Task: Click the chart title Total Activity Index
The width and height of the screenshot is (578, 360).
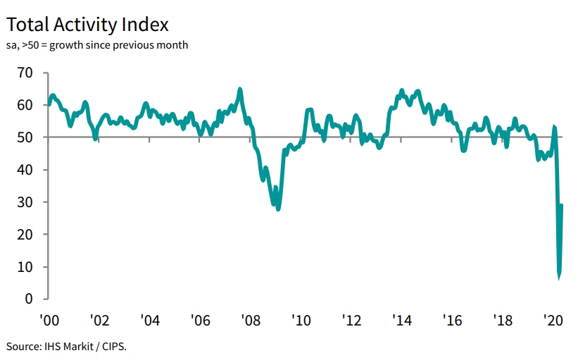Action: (88, 25)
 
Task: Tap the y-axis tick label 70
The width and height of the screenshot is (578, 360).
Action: (25, 73)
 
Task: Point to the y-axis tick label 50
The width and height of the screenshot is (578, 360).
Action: (25, 137)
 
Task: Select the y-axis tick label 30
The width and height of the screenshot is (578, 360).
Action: (25, 202)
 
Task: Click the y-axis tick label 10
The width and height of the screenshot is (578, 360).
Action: (25, 267)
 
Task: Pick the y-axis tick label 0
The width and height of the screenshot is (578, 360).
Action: (29, 299)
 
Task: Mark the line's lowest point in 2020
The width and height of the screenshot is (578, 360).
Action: (559, 276)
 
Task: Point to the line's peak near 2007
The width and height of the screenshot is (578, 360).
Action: (240, 89)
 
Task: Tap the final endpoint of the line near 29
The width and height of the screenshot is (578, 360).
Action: (562, 205)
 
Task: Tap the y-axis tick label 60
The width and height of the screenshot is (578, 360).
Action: (25, 105)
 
